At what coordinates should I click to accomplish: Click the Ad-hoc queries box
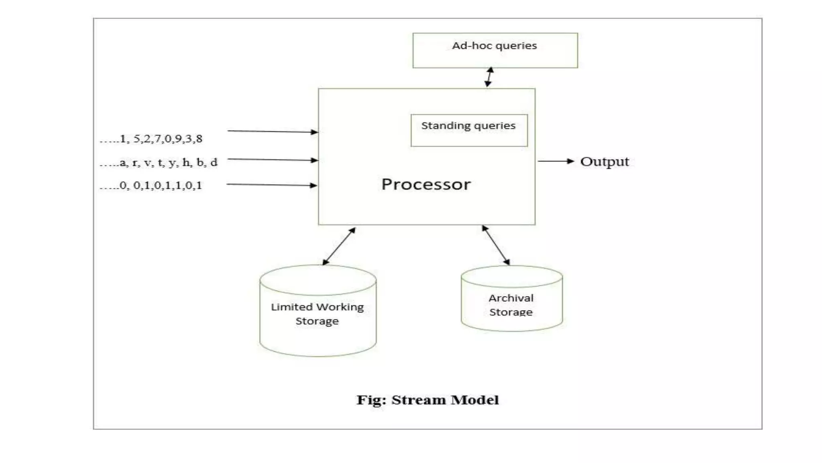495,50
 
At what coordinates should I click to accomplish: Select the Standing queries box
469,130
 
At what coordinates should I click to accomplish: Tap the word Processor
426,184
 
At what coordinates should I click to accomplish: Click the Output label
604,162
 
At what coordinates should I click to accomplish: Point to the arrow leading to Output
556,161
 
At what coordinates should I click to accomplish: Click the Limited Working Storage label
317,314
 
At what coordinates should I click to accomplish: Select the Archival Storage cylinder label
511,305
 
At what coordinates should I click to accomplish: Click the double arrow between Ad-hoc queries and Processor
489,77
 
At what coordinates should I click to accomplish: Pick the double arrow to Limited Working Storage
339,246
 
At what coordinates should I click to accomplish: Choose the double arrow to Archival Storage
496,245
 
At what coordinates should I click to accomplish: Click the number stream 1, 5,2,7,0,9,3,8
152,139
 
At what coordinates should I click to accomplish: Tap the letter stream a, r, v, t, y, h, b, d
159,163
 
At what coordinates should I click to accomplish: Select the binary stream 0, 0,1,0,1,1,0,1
151,186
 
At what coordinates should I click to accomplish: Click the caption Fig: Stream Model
427,400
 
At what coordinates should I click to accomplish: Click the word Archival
511,298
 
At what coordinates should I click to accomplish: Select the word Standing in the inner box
440,126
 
